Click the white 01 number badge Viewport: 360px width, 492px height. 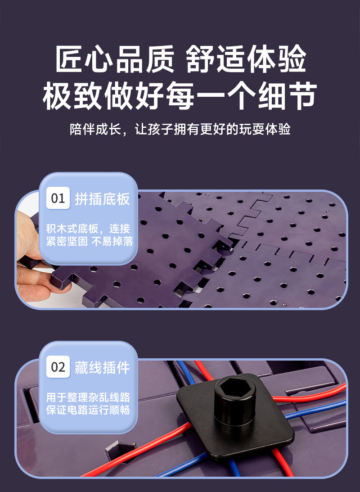(x=58, y=198)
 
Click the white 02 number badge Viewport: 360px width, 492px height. (x=58, y=367)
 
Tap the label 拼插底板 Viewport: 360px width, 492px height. (x=102, y=199)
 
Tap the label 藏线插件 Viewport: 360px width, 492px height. (x=102, y=367)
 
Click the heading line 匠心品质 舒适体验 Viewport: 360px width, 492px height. (x=180, y=59)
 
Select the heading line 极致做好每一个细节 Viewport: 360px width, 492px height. (x=180, y=95)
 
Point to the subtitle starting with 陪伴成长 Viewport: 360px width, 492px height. (x=180, y=130)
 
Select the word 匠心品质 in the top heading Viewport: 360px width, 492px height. (x=115, y=59)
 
